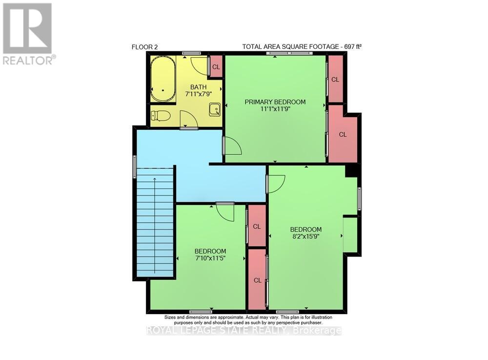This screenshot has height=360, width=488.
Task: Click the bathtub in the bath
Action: (x=163, y=79)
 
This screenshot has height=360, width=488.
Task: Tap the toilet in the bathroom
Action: (x=161, y=116)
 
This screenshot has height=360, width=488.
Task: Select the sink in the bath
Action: (x=215, y=109)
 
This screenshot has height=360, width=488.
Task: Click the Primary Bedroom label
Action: (x=275, y=102)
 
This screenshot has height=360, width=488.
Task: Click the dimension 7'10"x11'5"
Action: (x=210, y=258)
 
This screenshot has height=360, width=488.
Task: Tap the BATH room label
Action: (x=198, y=87)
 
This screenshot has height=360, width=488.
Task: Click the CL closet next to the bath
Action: (x=216, y=67)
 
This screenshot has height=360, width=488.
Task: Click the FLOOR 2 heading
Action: (x=145, y=47)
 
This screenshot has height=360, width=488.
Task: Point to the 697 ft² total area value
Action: (x=353, y=47)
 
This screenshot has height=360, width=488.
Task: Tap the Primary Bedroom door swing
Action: (x=232, y=146)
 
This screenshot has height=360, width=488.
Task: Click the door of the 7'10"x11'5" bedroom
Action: (x=225, y=212)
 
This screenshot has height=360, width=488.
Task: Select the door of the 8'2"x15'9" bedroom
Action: (x=276, y=184)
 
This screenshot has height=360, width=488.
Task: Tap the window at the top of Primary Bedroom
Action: (x=289, y=53)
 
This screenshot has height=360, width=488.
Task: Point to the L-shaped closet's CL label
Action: (x=343, y=134)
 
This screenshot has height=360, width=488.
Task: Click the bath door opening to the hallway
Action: (x=189, y=119)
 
